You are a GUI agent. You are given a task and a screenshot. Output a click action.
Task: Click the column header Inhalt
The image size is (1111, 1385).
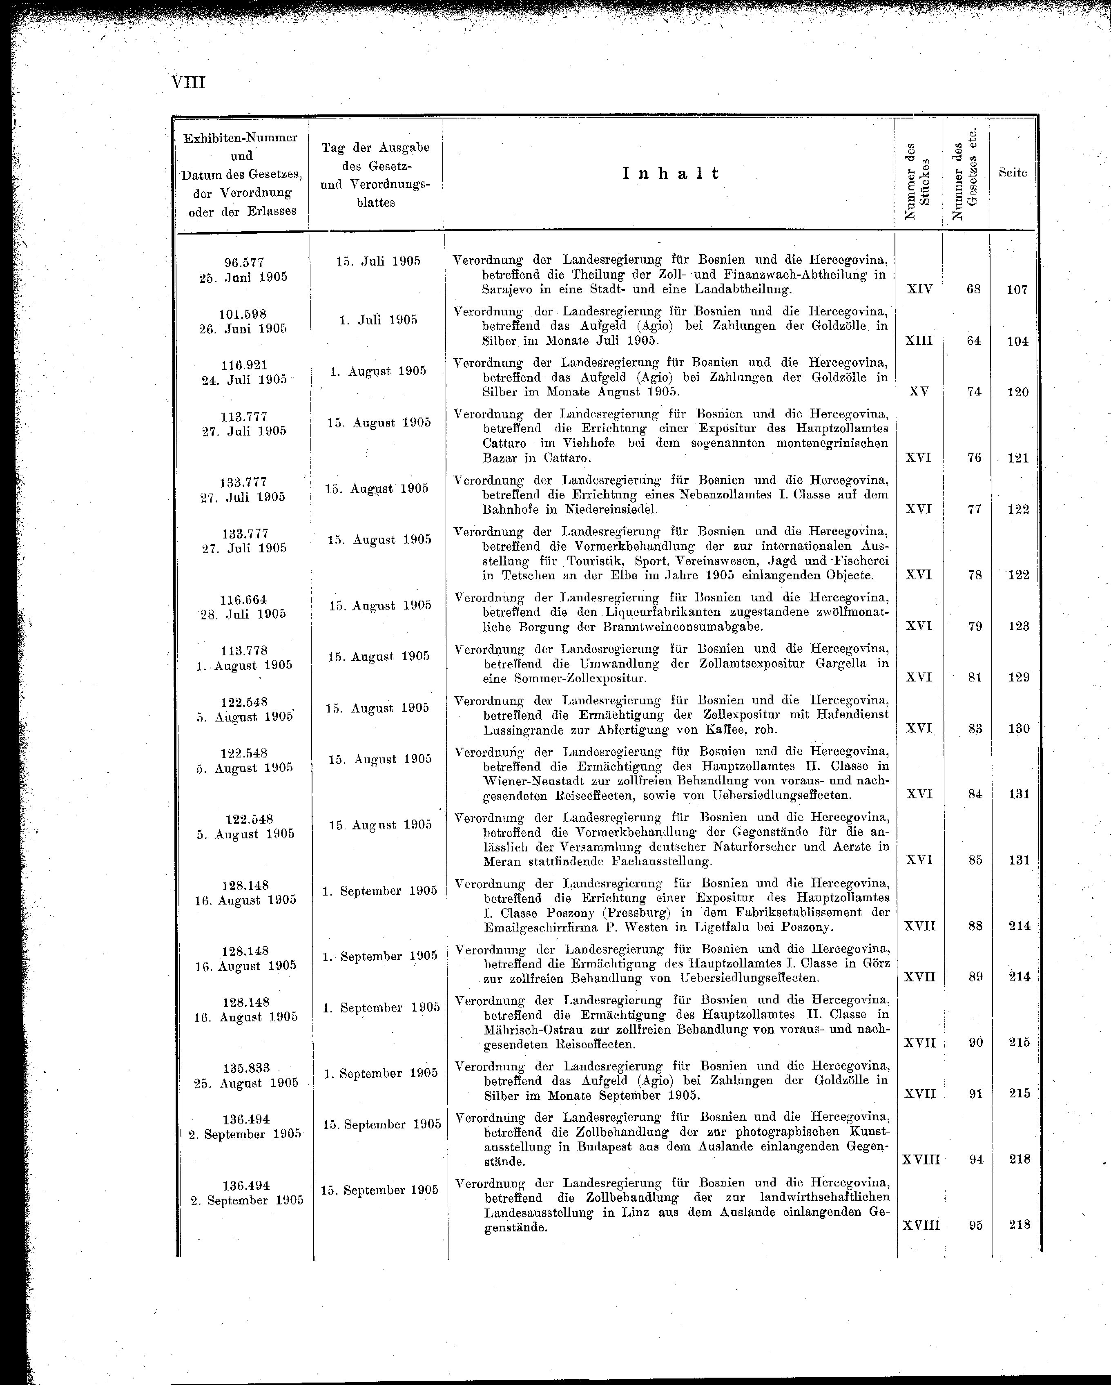pyautogui.click(x=670, y=174)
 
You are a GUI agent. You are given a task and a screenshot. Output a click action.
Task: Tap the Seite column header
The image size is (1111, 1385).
pyautogui.click(x=1013, y=173)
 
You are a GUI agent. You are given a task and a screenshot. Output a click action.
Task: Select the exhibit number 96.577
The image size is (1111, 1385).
pyautogui.click(x=244, y=263)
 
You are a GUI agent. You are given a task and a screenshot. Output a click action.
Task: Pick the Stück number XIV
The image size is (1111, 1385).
pyautogui.click(x=919, y=289)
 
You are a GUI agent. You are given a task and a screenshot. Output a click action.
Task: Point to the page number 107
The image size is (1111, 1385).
pyautogui.click(x=1017, y=290)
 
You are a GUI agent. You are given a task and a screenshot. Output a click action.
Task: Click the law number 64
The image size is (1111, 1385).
pyautogui.click(x=974, y=340)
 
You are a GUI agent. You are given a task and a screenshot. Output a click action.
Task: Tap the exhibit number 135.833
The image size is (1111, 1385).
pyautogui.click(x=246, y=1068)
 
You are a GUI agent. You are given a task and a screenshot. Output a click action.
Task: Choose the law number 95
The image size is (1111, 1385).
pyautogui.click(x=975, y=1225)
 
